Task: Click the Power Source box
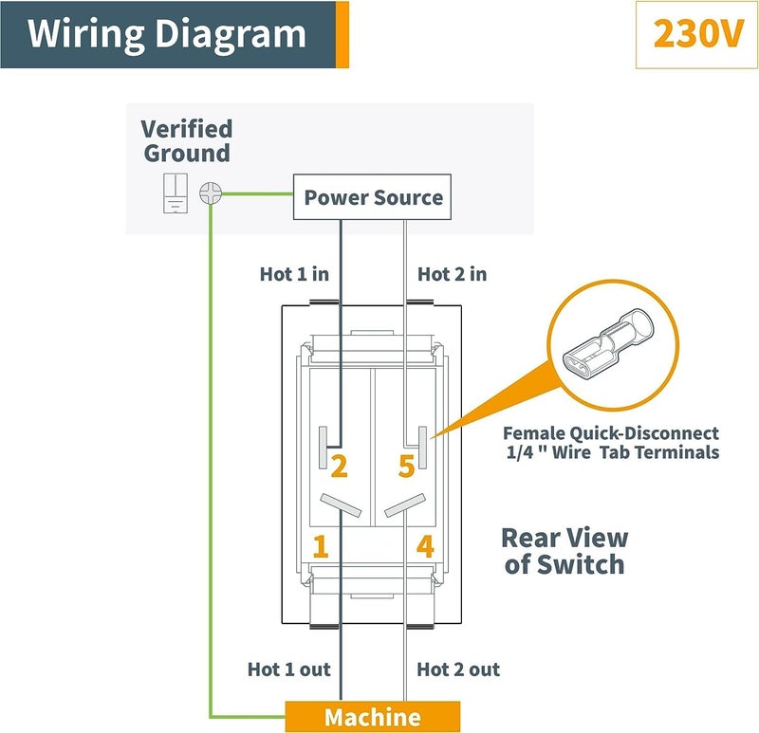click(373, 198)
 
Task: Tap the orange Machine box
click(373, 716)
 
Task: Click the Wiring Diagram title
click(167, 34)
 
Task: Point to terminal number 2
click(339, 466)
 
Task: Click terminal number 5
click(405, 466)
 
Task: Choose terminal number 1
click(321, 545)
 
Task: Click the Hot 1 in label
click(294, 274)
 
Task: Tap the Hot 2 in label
click(453, 274)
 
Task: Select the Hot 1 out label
click(288, 669)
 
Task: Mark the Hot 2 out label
click(458, 669)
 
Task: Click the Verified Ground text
click(187, 141)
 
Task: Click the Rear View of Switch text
click(564, 551)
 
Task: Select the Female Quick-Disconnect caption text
click(611, 443)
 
